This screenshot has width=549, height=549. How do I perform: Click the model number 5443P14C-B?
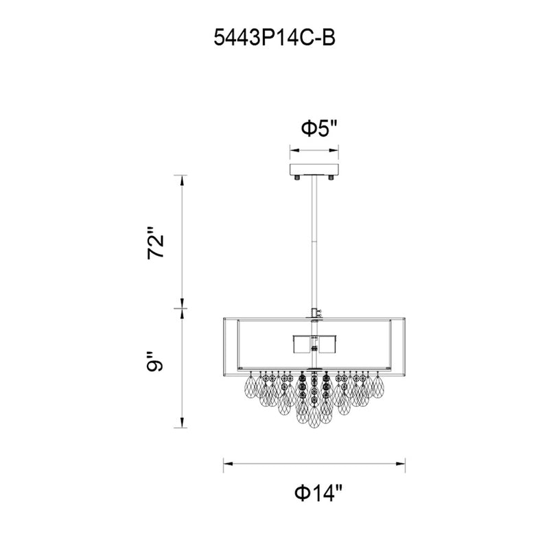(x=274, y=38)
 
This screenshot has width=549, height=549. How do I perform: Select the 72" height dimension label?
(x=156, y=243)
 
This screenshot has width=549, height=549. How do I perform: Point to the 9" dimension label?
(x=155, y=361)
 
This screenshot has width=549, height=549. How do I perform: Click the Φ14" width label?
(x=318, y=493)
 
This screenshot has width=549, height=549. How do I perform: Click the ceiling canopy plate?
(x=314, y=170)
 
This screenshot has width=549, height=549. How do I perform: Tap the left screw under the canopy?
(x=297, y=178)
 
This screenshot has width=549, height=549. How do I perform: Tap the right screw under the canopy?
(x=331, y=178)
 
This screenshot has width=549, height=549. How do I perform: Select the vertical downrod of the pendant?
(x=314, y=242)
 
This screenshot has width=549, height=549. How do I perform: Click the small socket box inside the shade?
(x=314, y=344)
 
